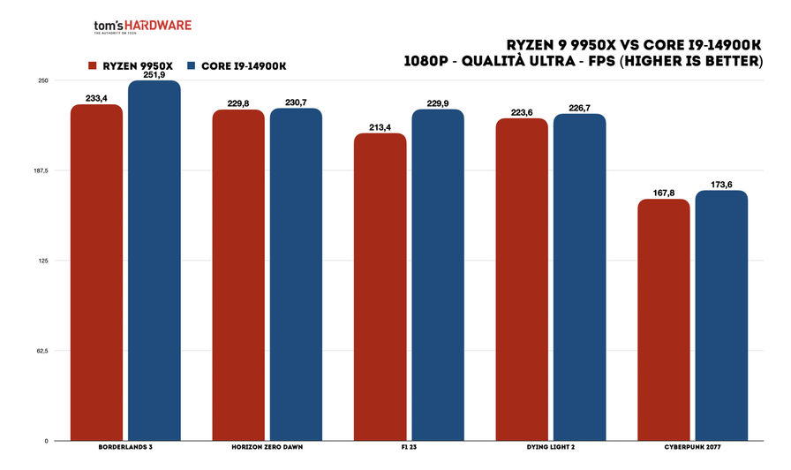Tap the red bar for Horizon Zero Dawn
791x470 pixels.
point(238,275)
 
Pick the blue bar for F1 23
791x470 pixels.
point(438,275)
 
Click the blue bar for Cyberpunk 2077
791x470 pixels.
point(721,315)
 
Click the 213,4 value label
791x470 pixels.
point(380,127)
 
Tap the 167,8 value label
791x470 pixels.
point(664,193)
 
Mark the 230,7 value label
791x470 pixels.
point(296,102)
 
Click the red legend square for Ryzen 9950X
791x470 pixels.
point(92,66)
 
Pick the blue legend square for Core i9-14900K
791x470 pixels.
point(191,66)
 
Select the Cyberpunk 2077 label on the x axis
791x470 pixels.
point(693,449)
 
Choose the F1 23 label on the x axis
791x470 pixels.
point(409,449)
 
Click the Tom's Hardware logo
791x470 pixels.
point(142,28)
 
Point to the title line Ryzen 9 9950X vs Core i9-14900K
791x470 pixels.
point(634,44)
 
